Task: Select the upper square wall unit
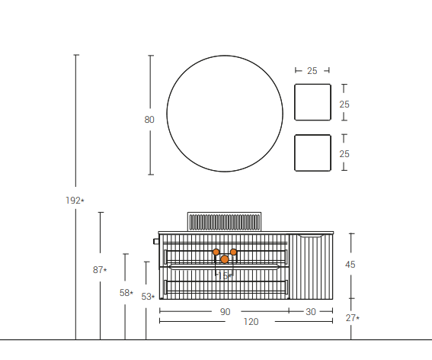(312, 102)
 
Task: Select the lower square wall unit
(312, 153)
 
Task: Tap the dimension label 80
(149, 119)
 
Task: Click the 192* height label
(75, 201)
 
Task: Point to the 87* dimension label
(100, 270)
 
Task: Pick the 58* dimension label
(126, 293)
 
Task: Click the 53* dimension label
(148, 297)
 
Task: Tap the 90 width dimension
(225, 311)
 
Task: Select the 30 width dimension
(311, 311)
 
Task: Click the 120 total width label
(251, 322)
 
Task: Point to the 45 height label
(350, 265)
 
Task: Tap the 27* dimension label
(352, 318)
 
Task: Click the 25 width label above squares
(312, 71)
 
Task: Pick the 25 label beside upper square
(344, 104)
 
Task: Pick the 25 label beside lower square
(344, 154)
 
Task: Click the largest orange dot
(225, 259)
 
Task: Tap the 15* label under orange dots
(226, 275)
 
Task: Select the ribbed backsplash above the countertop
(225, 221)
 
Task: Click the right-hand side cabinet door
(311, 267)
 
